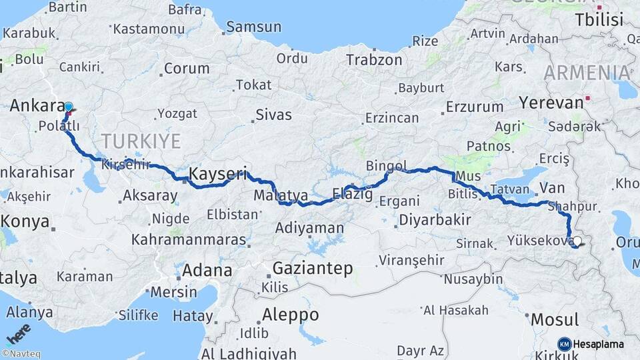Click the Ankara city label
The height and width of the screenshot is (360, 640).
36,105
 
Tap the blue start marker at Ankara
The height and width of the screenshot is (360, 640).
68,107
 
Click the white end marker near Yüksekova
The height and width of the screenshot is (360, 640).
577,242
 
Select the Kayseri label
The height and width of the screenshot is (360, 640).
218,174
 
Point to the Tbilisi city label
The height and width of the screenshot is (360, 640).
600,19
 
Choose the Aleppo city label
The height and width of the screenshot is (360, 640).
290,314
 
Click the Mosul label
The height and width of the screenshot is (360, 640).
554,319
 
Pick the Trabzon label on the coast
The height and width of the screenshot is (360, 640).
374,59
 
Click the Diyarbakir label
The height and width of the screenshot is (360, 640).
435,220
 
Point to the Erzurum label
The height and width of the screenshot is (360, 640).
475,107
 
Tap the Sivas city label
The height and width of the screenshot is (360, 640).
274,115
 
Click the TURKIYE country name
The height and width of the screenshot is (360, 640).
141,141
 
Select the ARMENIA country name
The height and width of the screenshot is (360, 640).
587,73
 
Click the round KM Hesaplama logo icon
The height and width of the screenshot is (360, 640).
564,344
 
